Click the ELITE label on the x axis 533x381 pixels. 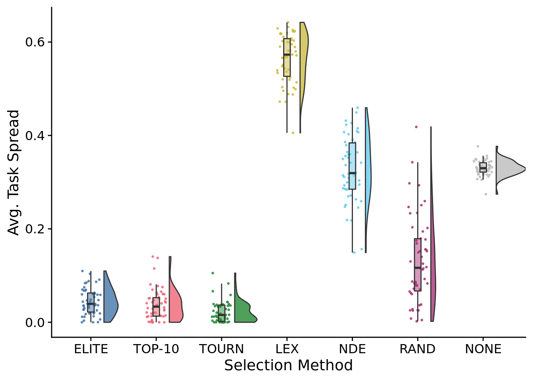(91, 349)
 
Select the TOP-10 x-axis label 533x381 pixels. (156, 349)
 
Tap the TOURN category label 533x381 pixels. (221, 349)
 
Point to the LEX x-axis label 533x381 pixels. (287, 349)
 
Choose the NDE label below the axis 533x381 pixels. (352, 349)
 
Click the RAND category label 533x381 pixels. (417, 349)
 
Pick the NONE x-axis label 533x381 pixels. (483, 349)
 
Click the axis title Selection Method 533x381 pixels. (288, 365)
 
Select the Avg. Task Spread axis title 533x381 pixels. (14, 172)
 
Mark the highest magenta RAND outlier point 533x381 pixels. (416, 127)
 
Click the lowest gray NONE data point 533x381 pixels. (485, 194)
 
